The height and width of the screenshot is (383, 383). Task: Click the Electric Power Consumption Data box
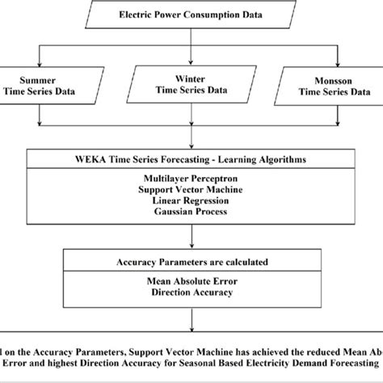191,15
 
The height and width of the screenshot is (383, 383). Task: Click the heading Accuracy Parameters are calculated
191,262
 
